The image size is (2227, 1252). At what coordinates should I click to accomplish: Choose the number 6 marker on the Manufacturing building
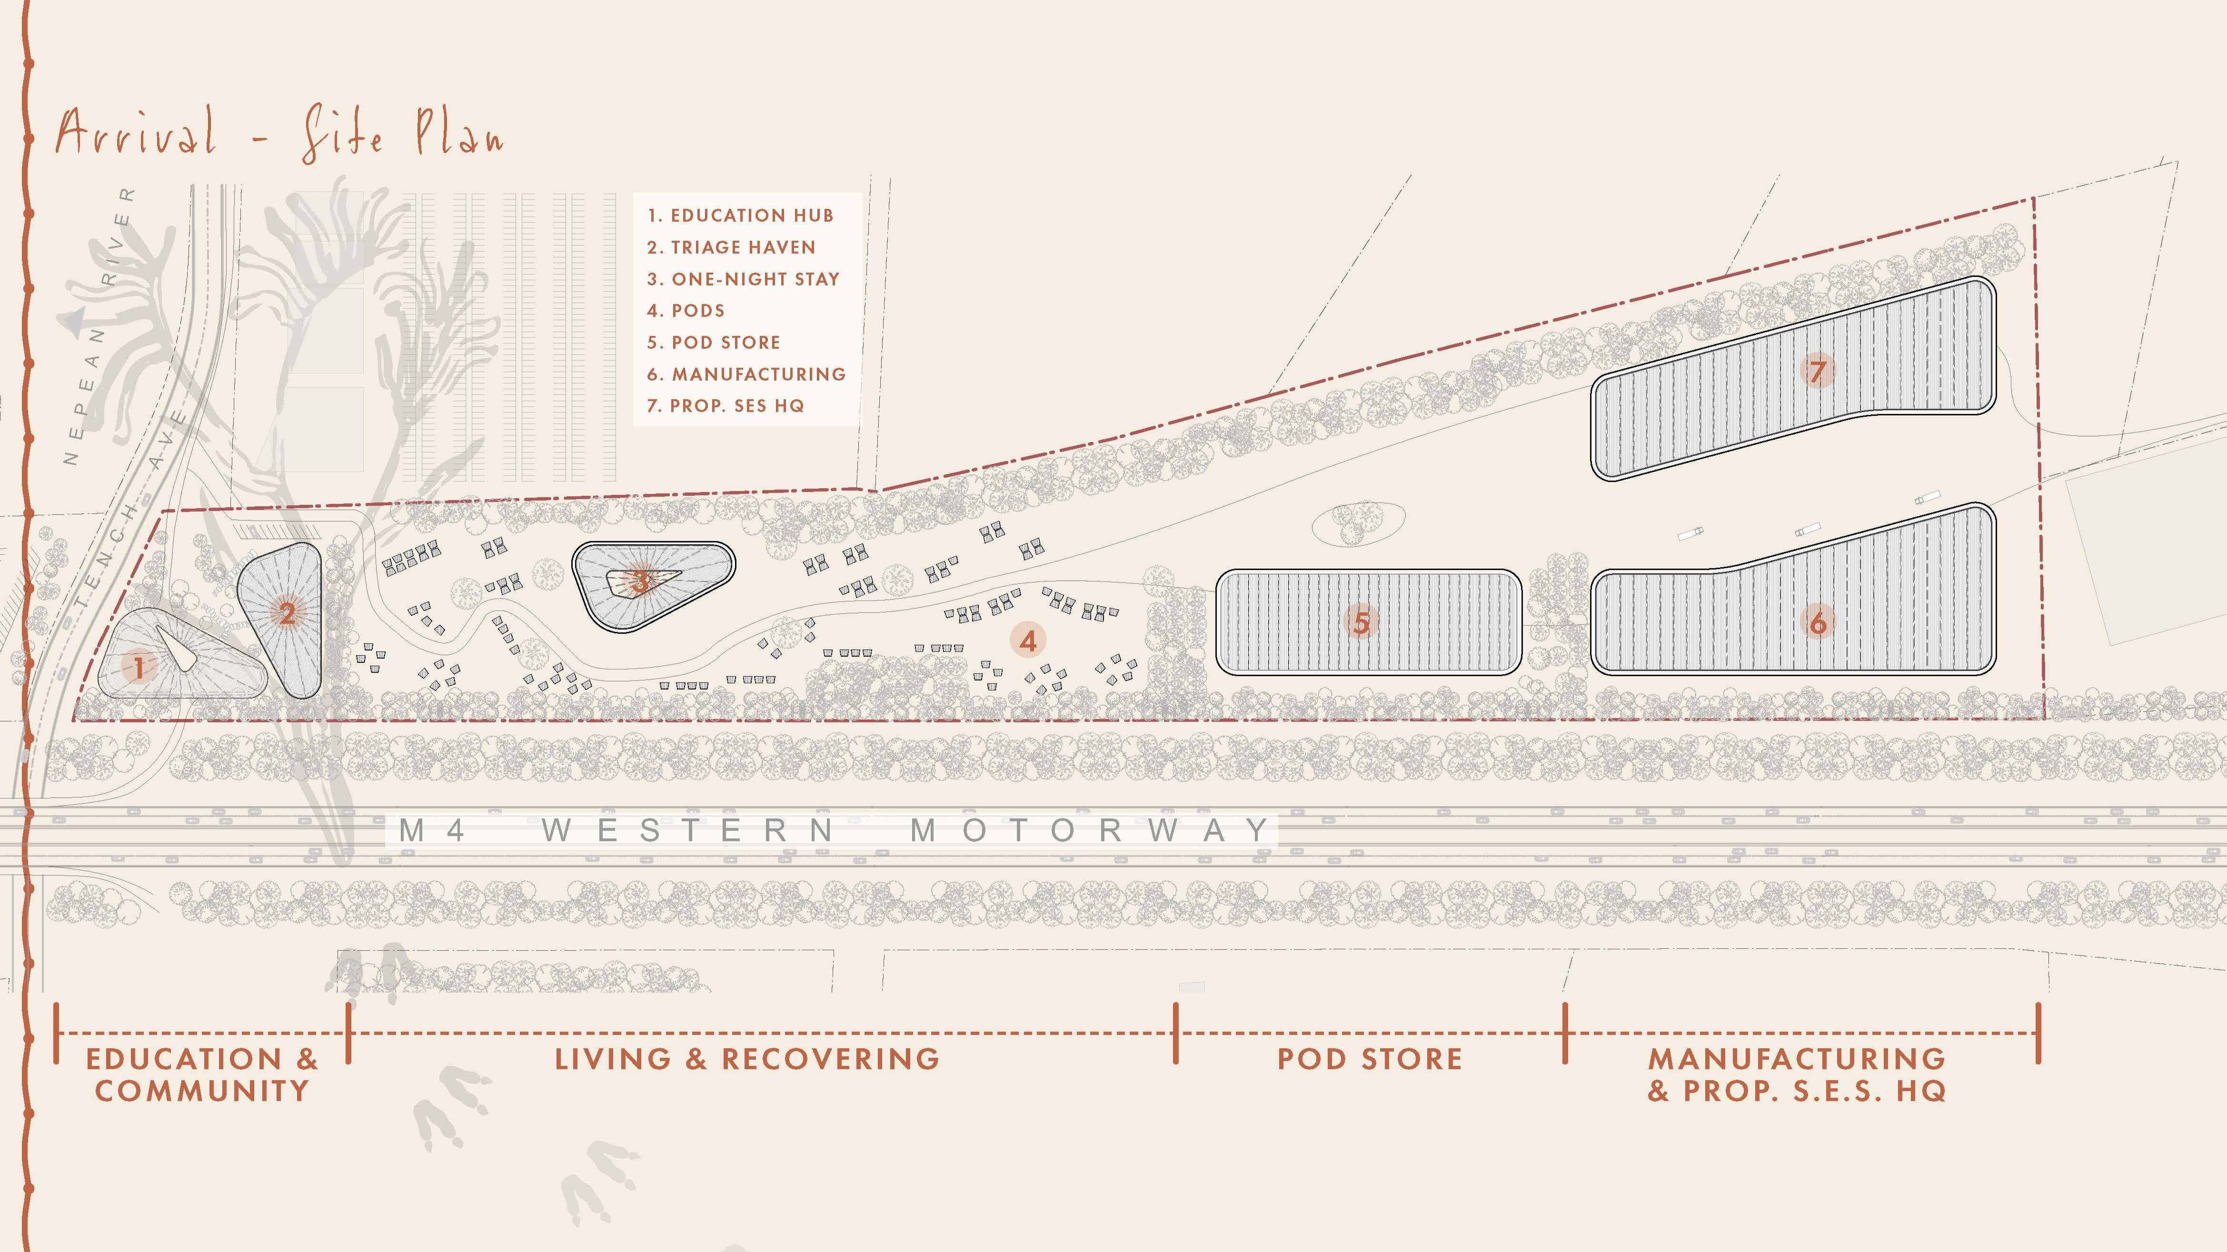(1818, 622)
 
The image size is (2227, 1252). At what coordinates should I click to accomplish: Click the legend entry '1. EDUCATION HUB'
(740, 215)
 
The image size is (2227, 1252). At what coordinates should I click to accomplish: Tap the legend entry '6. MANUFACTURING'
(746, 374)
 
